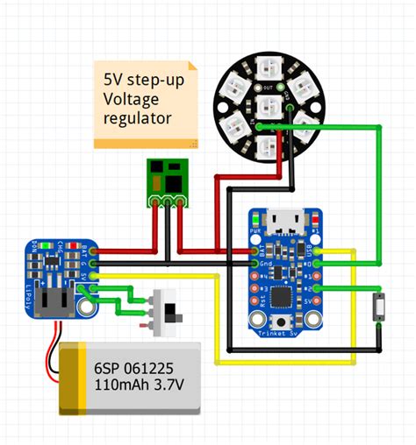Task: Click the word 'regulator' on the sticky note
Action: tap(137, 117)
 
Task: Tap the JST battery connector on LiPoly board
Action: tap(58, 301)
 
